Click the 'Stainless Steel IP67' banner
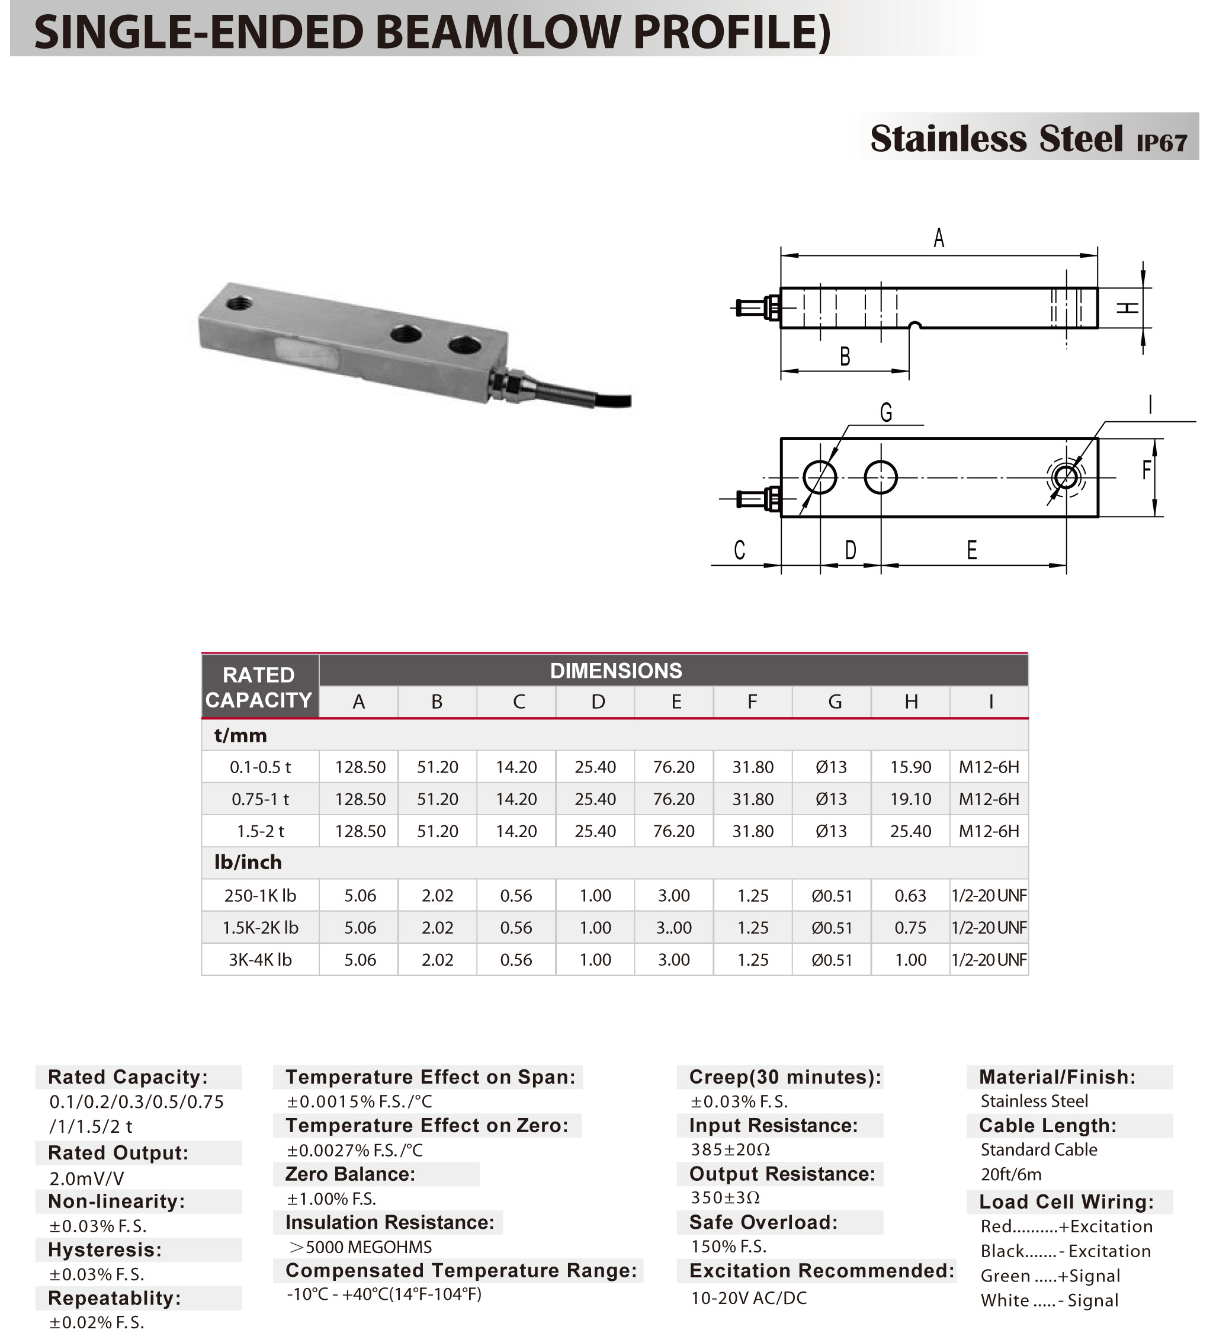(1028, 138)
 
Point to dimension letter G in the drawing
(885, 413)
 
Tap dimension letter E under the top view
(971, 550)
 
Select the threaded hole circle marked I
(1066, 476)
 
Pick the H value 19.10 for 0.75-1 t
(910, 799)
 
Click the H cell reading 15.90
(910, 767)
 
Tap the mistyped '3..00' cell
(674, 928)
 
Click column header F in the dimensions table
(752, 702)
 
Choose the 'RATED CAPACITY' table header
(259, 687)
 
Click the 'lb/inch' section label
(248, 862)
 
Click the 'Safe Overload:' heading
(763, 1222)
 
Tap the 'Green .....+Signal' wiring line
(1050, 1276)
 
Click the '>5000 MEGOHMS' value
(360, 1247)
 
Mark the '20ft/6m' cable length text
(1011, 1174)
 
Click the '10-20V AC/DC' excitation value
(749, 1298)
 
